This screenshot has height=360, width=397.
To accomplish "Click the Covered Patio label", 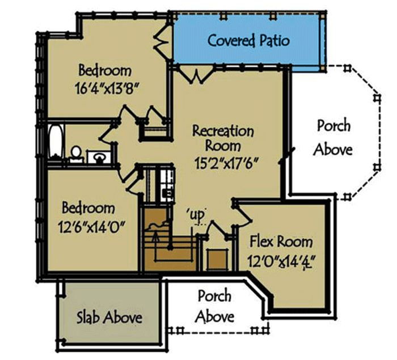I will [248, 41].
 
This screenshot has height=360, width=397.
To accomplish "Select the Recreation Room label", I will [223, 138].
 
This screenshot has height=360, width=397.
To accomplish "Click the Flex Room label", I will [281, 242].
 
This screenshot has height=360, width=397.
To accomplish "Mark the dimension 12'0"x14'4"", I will [282, 262].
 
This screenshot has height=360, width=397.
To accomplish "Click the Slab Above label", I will [109, 316].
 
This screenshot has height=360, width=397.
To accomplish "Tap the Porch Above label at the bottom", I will [214, 306].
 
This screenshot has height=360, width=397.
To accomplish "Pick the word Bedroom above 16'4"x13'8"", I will [105, 71].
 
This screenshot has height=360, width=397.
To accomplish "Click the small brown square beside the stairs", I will [216, 260].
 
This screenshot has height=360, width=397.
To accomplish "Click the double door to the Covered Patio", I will [193, 73].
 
